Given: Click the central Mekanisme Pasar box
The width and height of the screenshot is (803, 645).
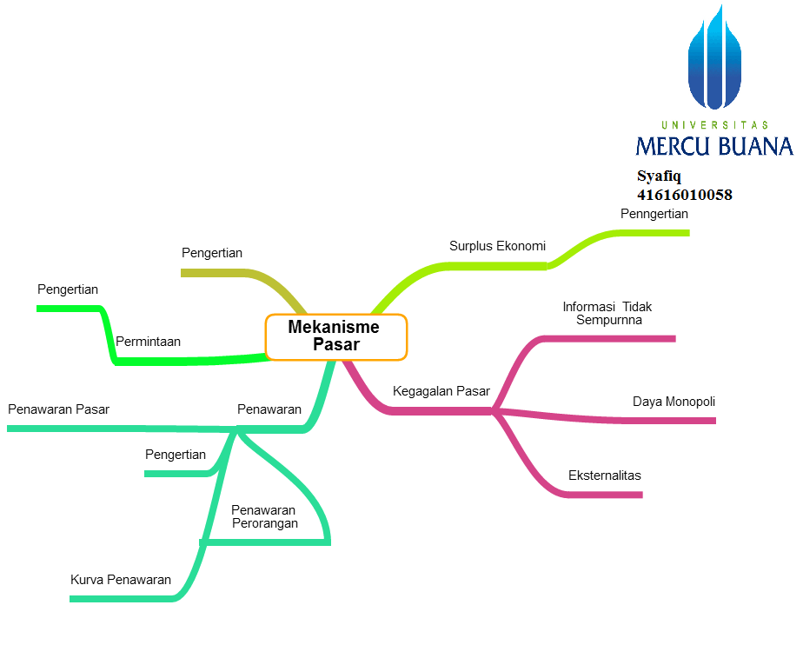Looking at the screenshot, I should click(336, 336).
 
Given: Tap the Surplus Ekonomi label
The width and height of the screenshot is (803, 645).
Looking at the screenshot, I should click(497, 246).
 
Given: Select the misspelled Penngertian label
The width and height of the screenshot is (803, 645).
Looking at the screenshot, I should click(654, 214).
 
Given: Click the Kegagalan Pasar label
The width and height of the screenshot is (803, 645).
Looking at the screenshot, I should click(441, 391).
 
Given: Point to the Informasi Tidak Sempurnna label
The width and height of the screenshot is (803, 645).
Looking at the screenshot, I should click(607, 313).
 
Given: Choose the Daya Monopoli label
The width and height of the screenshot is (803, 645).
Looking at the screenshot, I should click(674, 402).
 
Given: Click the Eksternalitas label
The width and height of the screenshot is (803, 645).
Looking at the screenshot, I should click(604, 475).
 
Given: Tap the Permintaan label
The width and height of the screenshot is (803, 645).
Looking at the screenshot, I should click(149, 342).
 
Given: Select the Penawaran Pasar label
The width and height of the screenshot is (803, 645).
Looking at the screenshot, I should click(58, 409).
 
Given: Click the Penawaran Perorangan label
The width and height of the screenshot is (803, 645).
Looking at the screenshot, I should click(264, 516).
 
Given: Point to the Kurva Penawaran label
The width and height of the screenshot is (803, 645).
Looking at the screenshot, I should click(121, 580).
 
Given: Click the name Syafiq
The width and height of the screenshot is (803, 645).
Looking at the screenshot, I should click(659, 176).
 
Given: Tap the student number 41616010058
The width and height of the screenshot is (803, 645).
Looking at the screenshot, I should click(684, 195).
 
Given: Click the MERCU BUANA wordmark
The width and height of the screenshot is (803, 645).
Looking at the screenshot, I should click(713, 145).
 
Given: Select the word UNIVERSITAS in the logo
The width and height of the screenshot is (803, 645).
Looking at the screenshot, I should click(714, 125).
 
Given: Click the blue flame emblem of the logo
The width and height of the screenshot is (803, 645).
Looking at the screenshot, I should click(714, 61).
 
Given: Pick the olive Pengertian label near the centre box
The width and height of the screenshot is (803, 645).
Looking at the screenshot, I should click(212, 253).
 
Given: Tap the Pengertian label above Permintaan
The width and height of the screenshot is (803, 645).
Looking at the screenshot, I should click(68, 289).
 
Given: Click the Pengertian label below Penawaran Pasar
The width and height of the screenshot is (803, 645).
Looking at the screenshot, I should click(176, 455).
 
